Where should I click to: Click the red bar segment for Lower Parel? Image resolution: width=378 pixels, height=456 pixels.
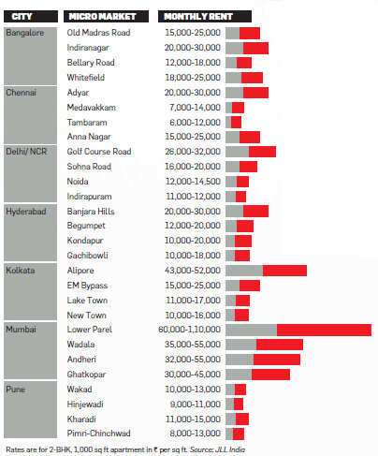click(x=324, y=330)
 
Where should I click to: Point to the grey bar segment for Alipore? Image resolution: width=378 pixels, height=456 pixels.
click(x=244, y=271)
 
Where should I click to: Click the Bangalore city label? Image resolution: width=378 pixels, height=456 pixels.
click(x=25, y=33)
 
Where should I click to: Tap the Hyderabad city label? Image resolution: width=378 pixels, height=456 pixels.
click(x=26, y=212)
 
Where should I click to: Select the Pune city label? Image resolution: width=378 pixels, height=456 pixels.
click(x=16, y=390)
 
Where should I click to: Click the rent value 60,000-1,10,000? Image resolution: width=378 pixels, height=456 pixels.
click(x=189, y=330)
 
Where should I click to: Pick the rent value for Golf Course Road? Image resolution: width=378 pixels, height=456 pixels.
click(x=193, y=152)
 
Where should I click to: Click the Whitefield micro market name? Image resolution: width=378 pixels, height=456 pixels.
click(x=86, y=78)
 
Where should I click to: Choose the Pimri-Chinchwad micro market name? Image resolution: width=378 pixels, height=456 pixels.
click(x=98, y=434)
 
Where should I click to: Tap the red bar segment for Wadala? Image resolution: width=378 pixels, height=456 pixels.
click(x=280, y=345)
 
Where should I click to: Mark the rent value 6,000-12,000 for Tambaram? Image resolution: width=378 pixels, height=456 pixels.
click(x=195, y=123)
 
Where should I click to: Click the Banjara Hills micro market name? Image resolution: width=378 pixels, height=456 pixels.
click(x=91, y=212)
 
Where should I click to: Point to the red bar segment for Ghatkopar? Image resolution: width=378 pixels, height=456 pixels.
click(x=270, y=375)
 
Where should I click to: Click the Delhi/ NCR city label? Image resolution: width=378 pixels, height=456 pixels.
click(x=26, y=152)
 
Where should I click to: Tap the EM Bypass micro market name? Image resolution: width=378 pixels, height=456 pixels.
click(x=87, y=286)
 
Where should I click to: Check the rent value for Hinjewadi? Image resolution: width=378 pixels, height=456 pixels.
click(x=196, y=405)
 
